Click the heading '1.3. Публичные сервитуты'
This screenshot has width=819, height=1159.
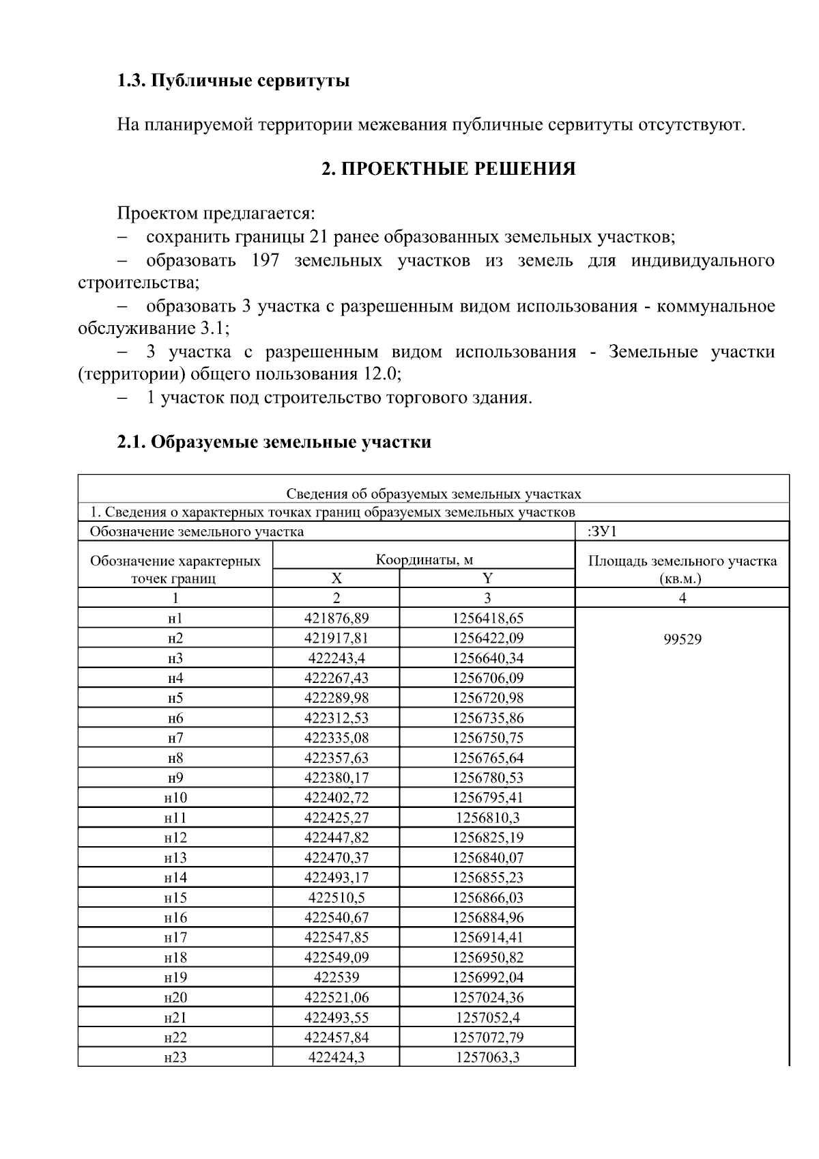tap(233, 81)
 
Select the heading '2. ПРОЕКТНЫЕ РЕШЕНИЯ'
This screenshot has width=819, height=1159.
tap(448, 169)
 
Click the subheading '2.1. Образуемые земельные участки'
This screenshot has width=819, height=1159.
tap(274, 442)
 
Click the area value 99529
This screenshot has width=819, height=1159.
tap(682, 639)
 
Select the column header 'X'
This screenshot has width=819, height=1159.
tap(336, 578)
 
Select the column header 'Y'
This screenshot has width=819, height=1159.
tap(487, 578)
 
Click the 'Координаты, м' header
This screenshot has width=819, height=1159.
tap(424, 560)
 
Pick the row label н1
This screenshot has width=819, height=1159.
tap(175, 619)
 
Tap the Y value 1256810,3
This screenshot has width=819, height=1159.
tap(487, 818)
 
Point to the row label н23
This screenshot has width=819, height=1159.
tap(175, 1057)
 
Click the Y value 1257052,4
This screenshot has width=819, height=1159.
tap(487, 1017)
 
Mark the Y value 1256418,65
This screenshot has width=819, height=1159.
tap(487, 619)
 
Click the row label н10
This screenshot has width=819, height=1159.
tap(175, 798)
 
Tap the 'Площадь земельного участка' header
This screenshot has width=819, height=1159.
tap(682, 561)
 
